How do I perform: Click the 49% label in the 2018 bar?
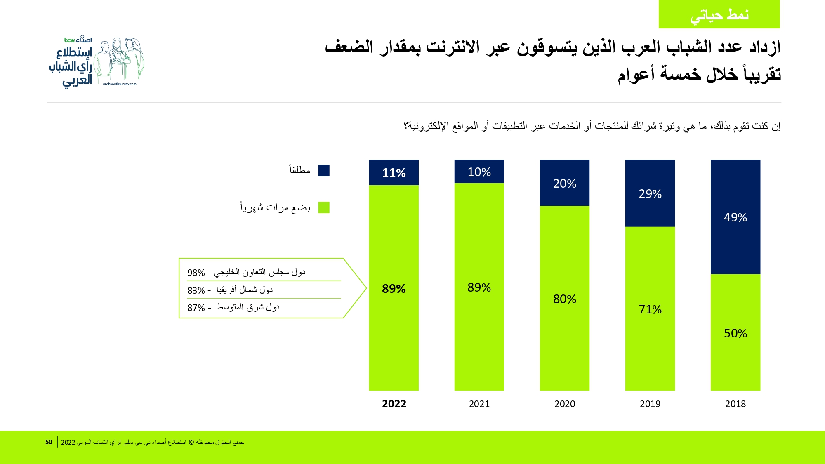(x=735, y=217)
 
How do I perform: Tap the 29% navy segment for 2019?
(x=650, y=193)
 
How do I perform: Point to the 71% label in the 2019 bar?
(x=650, y=309)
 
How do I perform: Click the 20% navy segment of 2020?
(x=565, y=183)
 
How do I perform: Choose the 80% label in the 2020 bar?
(x=565, y=299)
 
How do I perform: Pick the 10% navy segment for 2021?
(x=479, y=172)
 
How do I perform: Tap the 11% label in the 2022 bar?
(x=394, y=173)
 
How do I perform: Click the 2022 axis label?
(x=394, y=404)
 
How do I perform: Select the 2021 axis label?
(x=479, y=404)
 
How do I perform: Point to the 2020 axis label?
(x=565, y=404)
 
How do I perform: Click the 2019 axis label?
(x=650, y=404)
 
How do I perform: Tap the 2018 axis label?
(x=735, y=404)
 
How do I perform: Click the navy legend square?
(x=324, y=170)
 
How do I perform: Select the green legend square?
(x=324, y=207)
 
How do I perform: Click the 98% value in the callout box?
(x=196, y=273)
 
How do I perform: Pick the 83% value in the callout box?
(x=196, y=290)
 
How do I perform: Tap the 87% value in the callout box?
(x=196, y=308)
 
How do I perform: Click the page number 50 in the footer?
(x=49, y=442)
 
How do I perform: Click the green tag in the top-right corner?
(x=719, y=14)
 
